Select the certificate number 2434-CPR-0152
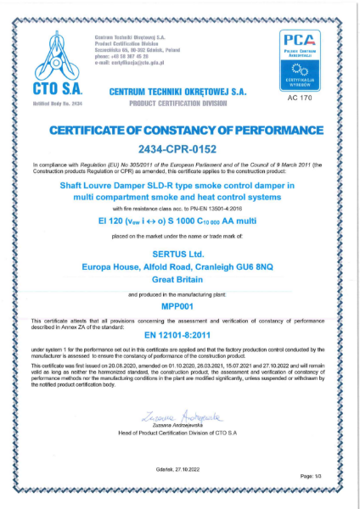pyautogui.click(x=179, y=145)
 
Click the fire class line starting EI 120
pyautogui.click(x=179, y=218)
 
